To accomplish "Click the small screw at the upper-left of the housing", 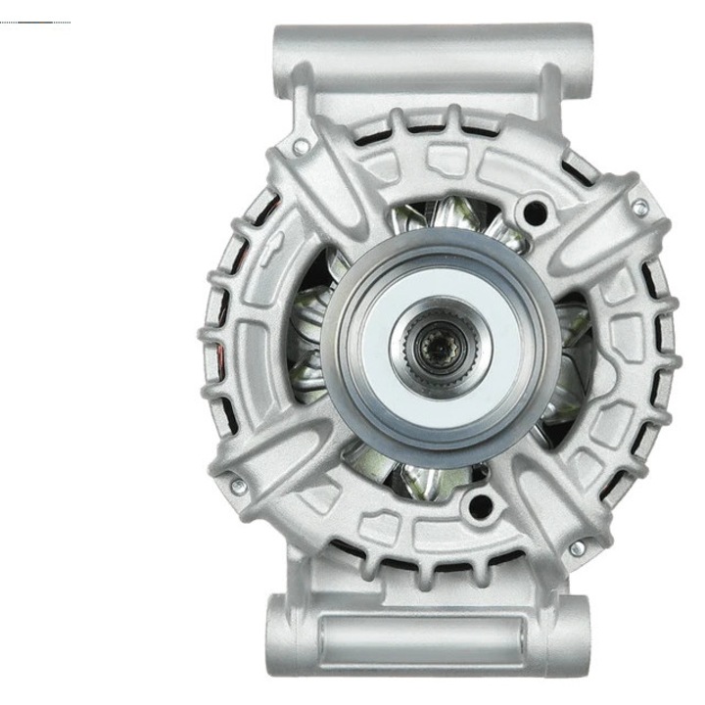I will click(301, 148).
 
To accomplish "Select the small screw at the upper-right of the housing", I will click(639, 208).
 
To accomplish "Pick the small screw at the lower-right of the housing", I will click(578, 548).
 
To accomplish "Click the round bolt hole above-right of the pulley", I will click(534, 210).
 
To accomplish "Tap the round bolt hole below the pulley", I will click(479, 506).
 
